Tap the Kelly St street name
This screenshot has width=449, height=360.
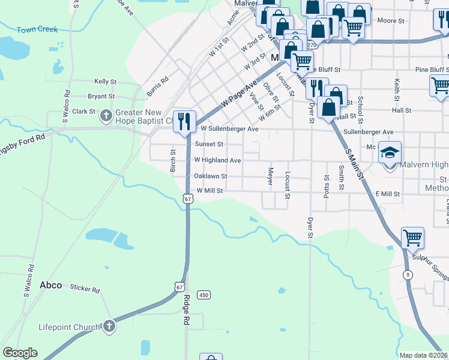click(105, 81)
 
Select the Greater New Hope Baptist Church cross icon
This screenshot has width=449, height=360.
click(106, 115)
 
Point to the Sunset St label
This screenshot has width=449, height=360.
click(209, 144)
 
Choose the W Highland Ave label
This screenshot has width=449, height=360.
click(217, 160)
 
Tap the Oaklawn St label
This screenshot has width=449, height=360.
click(210, 176)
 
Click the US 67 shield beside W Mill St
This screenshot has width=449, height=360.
click(188, 199)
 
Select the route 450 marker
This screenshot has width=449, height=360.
click(204, 295)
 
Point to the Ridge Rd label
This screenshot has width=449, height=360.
click(187, 310)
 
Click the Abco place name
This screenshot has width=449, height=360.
click(51, 285)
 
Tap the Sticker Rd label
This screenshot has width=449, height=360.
click(85, 289)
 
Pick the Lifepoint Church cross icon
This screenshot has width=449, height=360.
click(108, 326)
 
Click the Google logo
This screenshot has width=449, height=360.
click(20, 353)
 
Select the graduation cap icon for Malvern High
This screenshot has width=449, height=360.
click(390, 152)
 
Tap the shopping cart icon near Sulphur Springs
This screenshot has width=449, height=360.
click(412, 238)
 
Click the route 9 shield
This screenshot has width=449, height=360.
click(408, 275)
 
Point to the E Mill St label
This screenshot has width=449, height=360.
click(387, 194)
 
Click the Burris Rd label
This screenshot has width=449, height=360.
click(157, 86)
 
